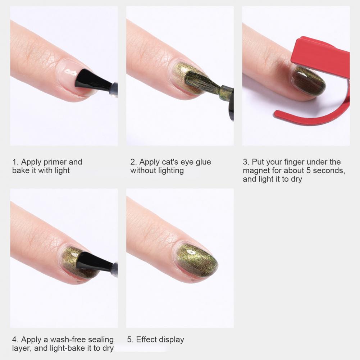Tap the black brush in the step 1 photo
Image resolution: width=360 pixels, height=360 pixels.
coord(92,79)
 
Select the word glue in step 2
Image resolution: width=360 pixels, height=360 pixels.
coord(203,162)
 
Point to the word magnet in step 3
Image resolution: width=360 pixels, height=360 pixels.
coord(258,171)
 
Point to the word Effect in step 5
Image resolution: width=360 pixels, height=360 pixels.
coord(147,340)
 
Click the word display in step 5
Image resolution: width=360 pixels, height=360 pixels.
coord(172,340)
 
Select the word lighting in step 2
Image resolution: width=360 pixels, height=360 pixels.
coord(171,171)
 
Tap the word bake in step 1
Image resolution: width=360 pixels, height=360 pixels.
coord(20,171)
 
